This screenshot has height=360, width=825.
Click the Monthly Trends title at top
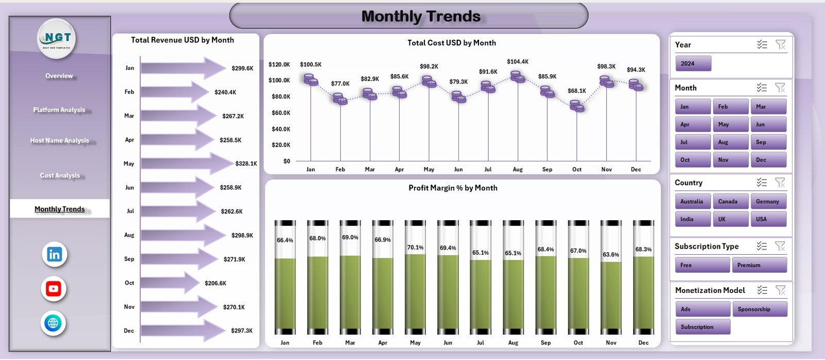click(420, 17)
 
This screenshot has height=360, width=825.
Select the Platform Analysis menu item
click(59, 110)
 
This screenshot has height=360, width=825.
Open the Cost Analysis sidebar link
click(60, 175)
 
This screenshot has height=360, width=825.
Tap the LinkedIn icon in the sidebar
click(54, 254)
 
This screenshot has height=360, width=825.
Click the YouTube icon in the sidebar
click(54, 289)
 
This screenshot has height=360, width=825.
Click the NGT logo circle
click(57, 38)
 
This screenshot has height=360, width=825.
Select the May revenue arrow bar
click(186, 163)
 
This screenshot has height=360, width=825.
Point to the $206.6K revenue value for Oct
click(216, 283)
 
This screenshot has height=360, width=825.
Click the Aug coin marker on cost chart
click(517, 77)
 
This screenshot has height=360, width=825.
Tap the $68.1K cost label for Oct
click(576, 91)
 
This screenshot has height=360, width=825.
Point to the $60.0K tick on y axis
click(280, 112)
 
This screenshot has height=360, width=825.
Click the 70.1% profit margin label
click(415, 248)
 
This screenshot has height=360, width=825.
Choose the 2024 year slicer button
click(693, 63)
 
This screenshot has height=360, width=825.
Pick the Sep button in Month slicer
click(768, 142)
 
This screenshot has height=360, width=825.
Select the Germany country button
click(768, 202)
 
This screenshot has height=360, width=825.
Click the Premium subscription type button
click(759, 265)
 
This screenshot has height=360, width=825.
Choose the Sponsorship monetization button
click(759, 309)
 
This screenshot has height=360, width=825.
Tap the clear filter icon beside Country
click(780, 183)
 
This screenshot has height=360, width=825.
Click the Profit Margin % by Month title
click(453, 188)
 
